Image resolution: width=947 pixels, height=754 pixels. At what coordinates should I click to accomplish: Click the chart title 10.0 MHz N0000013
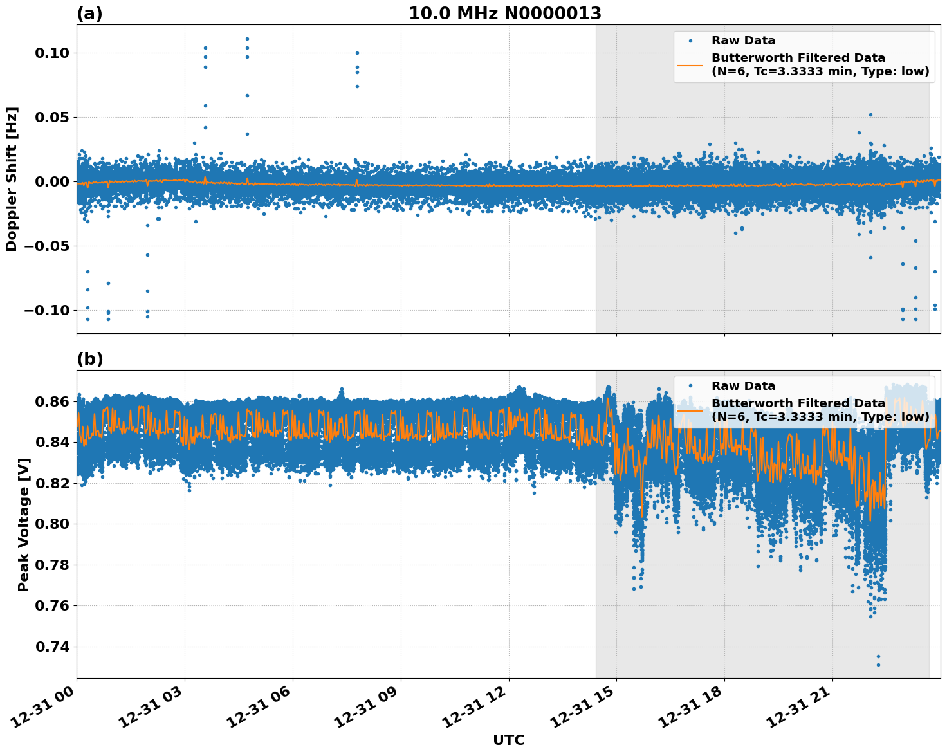click(x=505, y=14)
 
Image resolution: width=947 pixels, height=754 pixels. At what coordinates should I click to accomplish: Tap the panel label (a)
click(x=89, y=14)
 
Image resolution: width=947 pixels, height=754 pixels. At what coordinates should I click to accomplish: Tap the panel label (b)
click(x=89, y=359)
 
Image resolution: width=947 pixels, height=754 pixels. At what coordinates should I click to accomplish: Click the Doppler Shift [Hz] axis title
click(x=12, y=179)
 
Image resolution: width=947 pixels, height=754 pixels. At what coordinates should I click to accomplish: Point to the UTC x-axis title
click(x=508, y=740)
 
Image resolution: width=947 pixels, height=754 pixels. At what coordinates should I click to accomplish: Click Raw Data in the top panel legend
click(x=743, y=41)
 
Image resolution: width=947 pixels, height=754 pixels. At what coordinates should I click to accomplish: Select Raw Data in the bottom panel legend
click(x=743, y=386)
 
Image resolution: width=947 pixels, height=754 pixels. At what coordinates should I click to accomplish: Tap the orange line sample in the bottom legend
click(x=690, y=410)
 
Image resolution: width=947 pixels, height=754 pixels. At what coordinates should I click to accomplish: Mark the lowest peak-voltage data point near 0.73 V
click(x=878, y=665)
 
